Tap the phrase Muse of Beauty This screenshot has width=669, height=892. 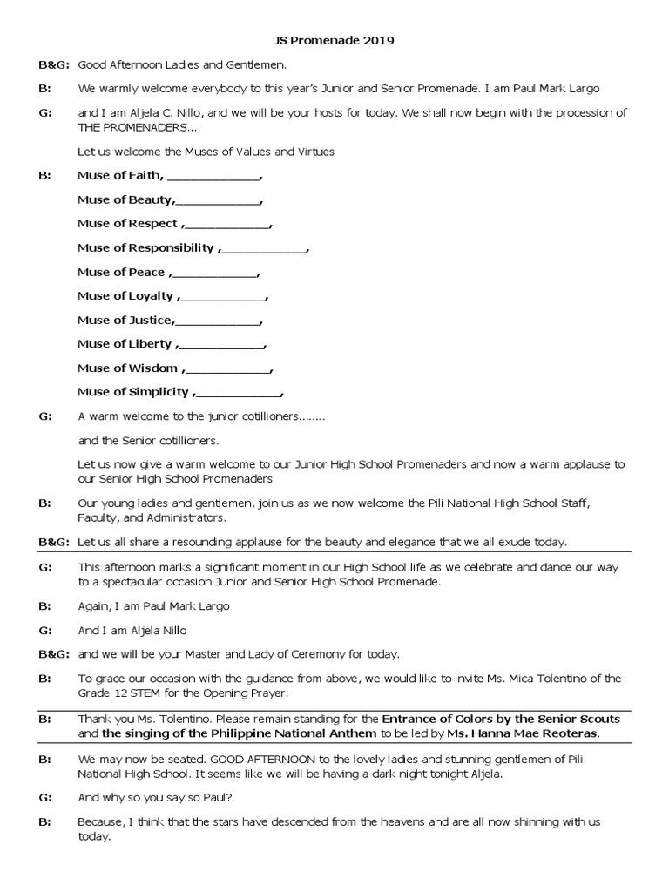pos(124,199)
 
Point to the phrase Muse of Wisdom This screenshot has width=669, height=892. pos(128,368)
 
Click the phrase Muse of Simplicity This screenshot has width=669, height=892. pos(133,392)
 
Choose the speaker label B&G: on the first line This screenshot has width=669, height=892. pos(53,64)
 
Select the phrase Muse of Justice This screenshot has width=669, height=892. pos(125,321)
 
